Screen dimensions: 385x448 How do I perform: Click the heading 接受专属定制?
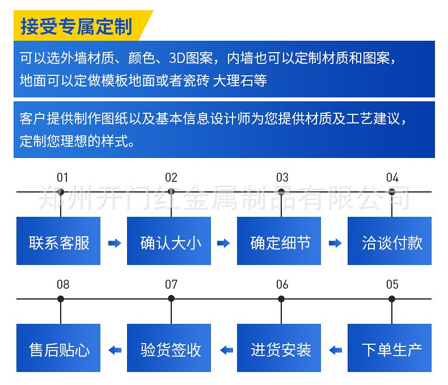[x=76, y=26]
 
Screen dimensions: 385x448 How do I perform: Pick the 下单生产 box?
[x=390, y=349]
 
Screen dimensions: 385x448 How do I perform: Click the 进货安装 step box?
[x=279, y=349]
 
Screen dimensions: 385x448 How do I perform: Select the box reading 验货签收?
[x=169, y=349]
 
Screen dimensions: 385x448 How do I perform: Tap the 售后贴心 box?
[x=58, y=349]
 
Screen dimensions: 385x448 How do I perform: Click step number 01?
[x=62, y=177]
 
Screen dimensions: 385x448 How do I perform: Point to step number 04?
[x=392, y=177]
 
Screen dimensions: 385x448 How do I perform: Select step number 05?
[x=392, y=284]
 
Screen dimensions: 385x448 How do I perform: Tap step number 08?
[x=62, y=284]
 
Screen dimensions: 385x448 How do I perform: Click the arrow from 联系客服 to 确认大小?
[x=114, y=243]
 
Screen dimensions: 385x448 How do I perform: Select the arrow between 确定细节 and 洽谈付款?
[x=335, y=243]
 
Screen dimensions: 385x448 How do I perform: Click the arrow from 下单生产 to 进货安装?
[x=335, y=350]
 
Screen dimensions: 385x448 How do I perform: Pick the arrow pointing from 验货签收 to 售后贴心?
[x=114, y=350]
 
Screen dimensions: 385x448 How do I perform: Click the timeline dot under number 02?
[x=171, y=191]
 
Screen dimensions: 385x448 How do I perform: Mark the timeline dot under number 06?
[x=281, y=298]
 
